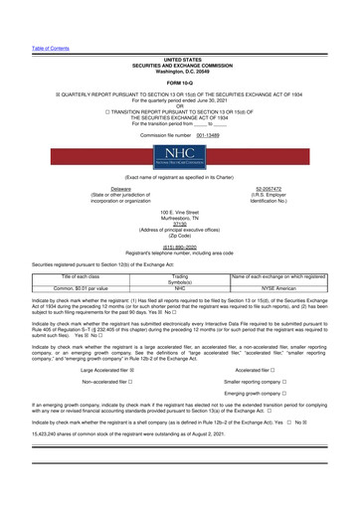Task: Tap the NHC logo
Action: click(180, 160)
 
